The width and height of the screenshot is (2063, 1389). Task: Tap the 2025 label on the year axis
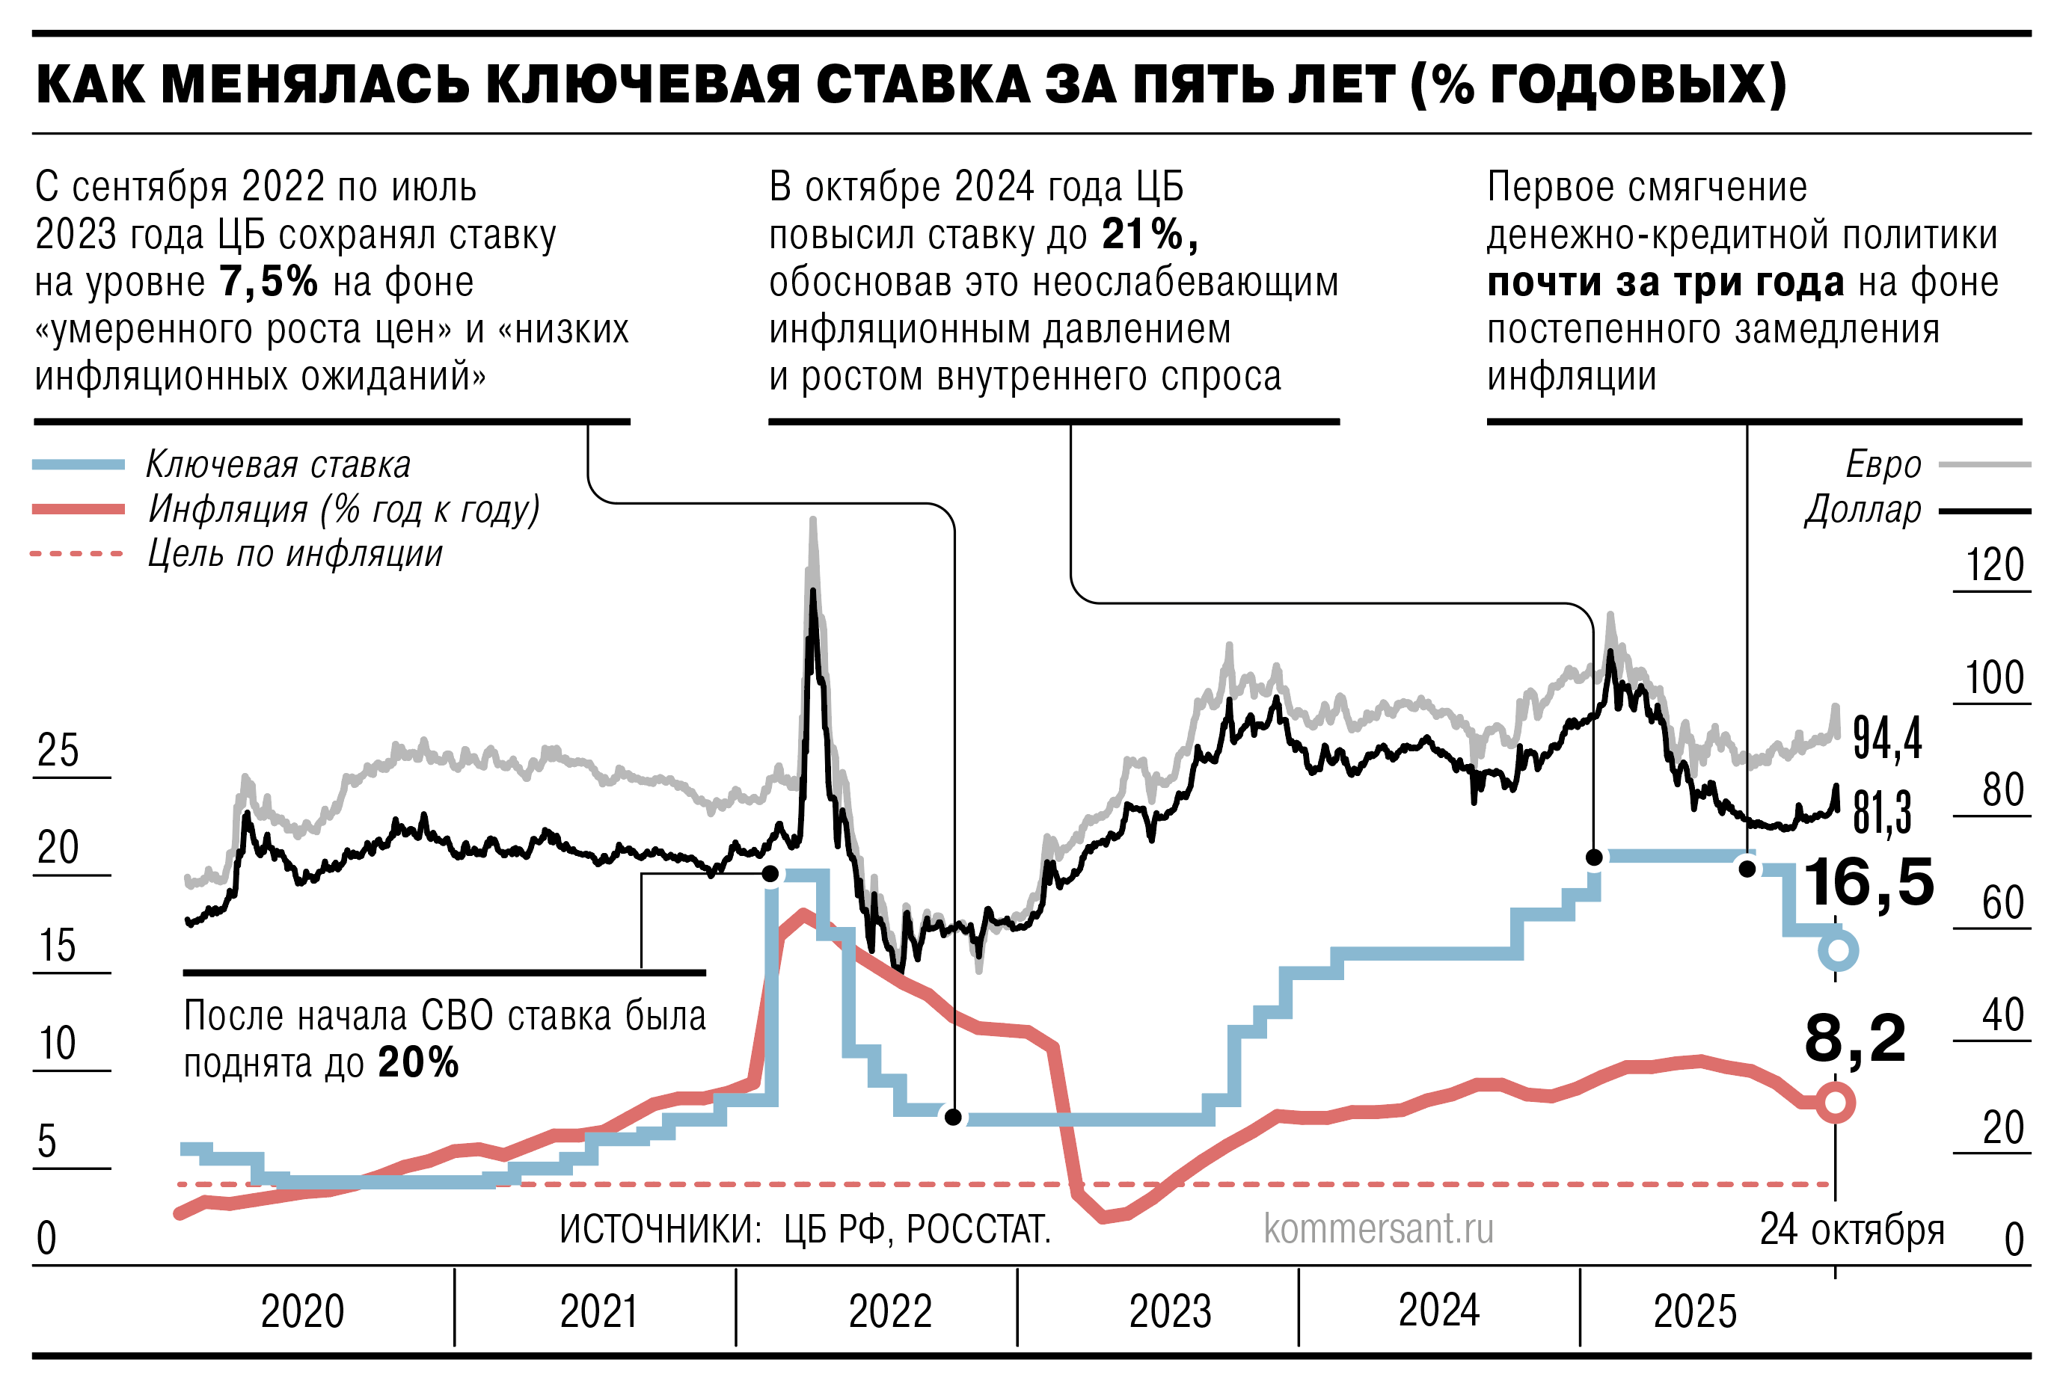1694,1312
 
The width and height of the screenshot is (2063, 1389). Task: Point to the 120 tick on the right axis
1995,565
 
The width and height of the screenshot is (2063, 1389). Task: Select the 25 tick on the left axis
58,751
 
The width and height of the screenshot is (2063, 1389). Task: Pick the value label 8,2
1855,1038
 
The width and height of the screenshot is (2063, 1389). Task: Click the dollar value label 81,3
1882,813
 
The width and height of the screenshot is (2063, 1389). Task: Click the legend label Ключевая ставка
278,465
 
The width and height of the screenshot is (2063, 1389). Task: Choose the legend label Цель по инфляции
295,555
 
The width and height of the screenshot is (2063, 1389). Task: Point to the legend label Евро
1883,465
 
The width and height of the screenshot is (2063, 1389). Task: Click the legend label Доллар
1863,511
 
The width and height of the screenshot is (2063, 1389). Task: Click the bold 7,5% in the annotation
269,283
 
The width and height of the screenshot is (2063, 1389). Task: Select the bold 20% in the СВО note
418,1062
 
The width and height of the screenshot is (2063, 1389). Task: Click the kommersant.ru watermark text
1378,1229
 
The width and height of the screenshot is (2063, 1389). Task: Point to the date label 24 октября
1851,1230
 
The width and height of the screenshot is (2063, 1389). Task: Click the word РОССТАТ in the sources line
978,1230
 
